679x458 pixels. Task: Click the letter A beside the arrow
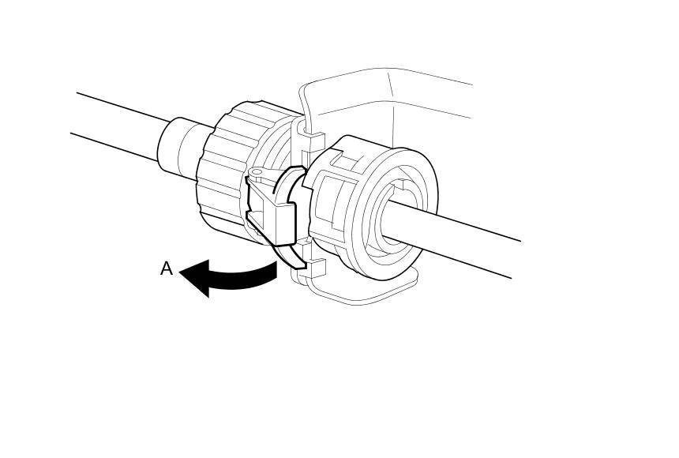(x=166, y=268)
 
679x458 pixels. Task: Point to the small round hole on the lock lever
(x=255, y=171)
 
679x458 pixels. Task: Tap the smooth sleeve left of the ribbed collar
(x=178, y=147)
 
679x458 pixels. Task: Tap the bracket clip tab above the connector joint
(x=313, y=143)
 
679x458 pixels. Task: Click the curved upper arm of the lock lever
(x=286, y=182)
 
